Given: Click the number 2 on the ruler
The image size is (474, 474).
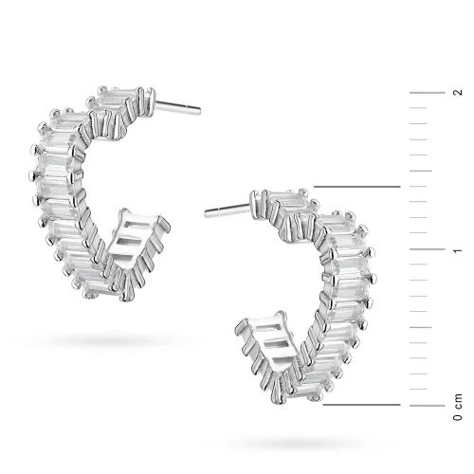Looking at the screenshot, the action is pyautogui.click(x=458, y=93).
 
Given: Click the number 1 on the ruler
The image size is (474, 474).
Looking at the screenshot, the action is pyautogui.click(x=458, y=251).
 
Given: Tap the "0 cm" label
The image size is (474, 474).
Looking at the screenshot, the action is pyautogui.click(x=458, y=407).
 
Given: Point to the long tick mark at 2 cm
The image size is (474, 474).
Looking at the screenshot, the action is pyautogui.click(x=428, y=93).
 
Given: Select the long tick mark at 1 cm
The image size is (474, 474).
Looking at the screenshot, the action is pyautogui.click(x=428, y=249).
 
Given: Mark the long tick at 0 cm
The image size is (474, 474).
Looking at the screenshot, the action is pyautogui.click(x=428, y=406).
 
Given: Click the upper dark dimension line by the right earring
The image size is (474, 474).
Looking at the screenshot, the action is pyautogui.click(x=357, y=187).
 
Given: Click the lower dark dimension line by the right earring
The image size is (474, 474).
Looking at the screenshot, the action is pyautogui.click(x=361, y=405).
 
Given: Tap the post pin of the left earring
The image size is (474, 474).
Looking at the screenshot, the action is pyautogui.click(x=178, y=107).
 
